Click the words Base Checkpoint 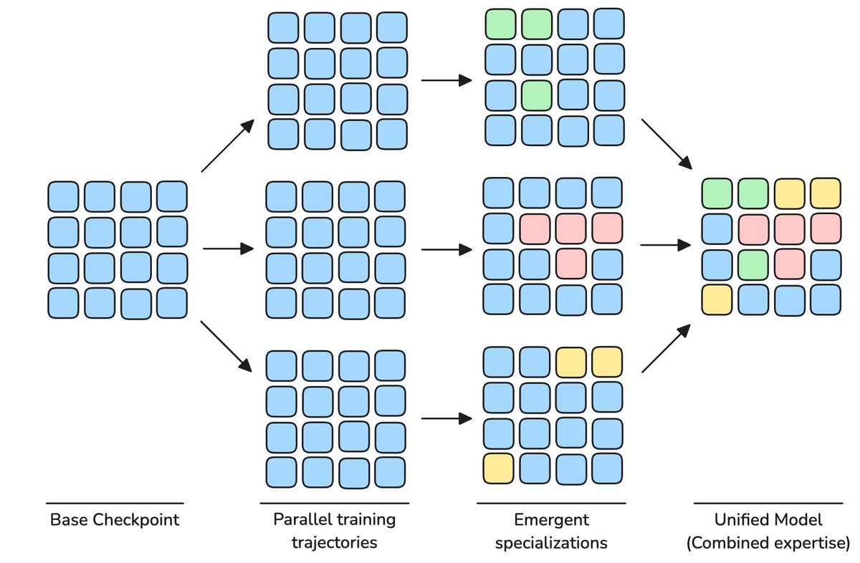[x=115, y=520]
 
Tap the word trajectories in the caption [x=334, y=542]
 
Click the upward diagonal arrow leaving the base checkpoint [x=228, y=146]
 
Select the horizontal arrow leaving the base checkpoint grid [x=229, y=249]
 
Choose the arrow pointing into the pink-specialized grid [x=447, y=249]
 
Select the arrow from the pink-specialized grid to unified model [x=665, y=245]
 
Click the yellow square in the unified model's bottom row [x=717, y=299]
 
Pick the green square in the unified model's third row [x=752, y=263]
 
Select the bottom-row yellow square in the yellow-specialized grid [x=499, y=468]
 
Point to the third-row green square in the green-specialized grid [x=535, y=95]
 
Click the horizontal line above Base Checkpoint [x=115, y=503]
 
